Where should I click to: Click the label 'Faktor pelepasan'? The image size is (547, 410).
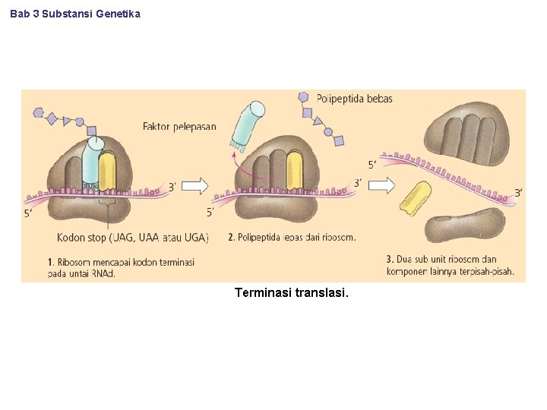[179, 126]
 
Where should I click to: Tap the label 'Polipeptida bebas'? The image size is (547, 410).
[354, 99]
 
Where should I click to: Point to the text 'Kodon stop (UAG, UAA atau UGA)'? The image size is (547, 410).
[132, 238]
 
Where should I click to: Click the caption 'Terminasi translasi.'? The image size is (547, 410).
[292, 292]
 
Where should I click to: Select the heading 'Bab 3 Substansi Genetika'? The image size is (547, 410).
[75, 14]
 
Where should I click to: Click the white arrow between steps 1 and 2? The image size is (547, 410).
[195, 185]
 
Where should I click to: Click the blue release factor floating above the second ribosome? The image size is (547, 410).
[248, 125]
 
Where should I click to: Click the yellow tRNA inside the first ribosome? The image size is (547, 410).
[108, 171]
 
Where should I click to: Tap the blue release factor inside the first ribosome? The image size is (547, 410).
[92, 163]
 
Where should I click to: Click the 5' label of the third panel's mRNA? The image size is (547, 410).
[372, 165]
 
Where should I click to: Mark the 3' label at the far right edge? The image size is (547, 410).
[518, 193]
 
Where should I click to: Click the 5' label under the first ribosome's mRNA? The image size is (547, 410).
[28, 213]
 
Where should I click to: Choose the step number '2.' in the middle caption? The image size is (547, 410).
[231, 238]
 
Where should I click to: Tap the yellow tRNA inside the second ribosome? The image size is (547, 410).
[294, 171]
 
